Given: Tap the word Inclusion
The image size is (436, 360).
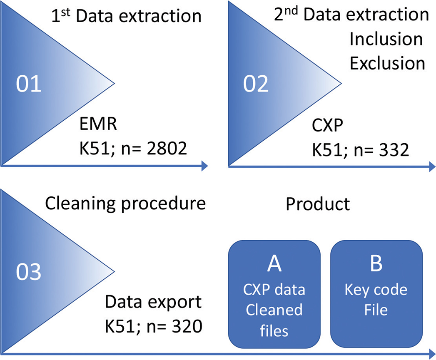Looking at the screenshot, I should tap(386, 40).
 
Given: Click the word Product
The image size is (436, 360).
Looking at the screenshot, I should tap(317, 204).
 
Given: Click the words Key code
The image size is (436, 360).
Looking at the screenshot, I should tap(376, 290).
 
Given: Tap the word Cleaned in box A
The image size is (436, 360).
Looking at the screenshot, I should tap(274, 310).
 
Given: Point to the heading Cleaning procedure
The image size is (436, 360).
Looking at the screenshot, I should tap(125, 204).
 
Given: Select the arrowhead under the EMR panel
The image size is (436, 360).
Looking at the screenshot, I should tap(204, 166).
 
